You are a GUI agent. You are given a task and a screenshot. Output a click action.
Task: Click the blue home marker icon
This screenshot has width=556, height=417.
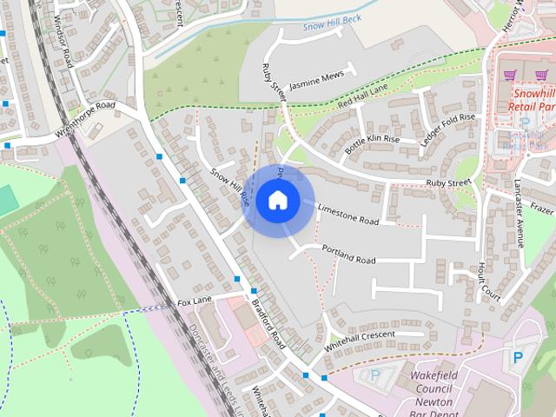277,201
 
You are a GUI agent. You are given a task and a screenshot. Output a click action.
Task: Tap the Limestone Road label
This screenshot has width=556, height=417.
348,215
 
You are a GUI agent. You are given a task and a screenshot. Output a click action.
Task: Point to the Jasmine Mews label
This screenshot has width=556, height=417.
316,81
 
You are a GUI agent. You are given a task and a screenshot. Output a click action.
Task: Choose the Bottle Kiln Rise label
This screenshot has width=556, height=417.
372,143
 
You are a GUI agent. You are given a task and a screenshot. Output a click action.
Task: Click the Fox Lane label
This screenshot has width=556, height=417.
195,301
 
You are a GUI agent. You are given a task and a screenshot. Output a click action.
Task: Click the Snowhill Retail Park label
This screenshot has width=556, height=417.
532,101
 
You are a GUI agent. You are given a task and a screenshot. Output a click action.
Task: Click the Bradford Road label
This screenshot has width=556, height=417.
268,326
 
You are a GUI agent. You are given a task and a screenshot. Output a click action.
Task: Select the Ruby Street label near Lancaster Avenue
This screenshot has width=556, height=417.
447,182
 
